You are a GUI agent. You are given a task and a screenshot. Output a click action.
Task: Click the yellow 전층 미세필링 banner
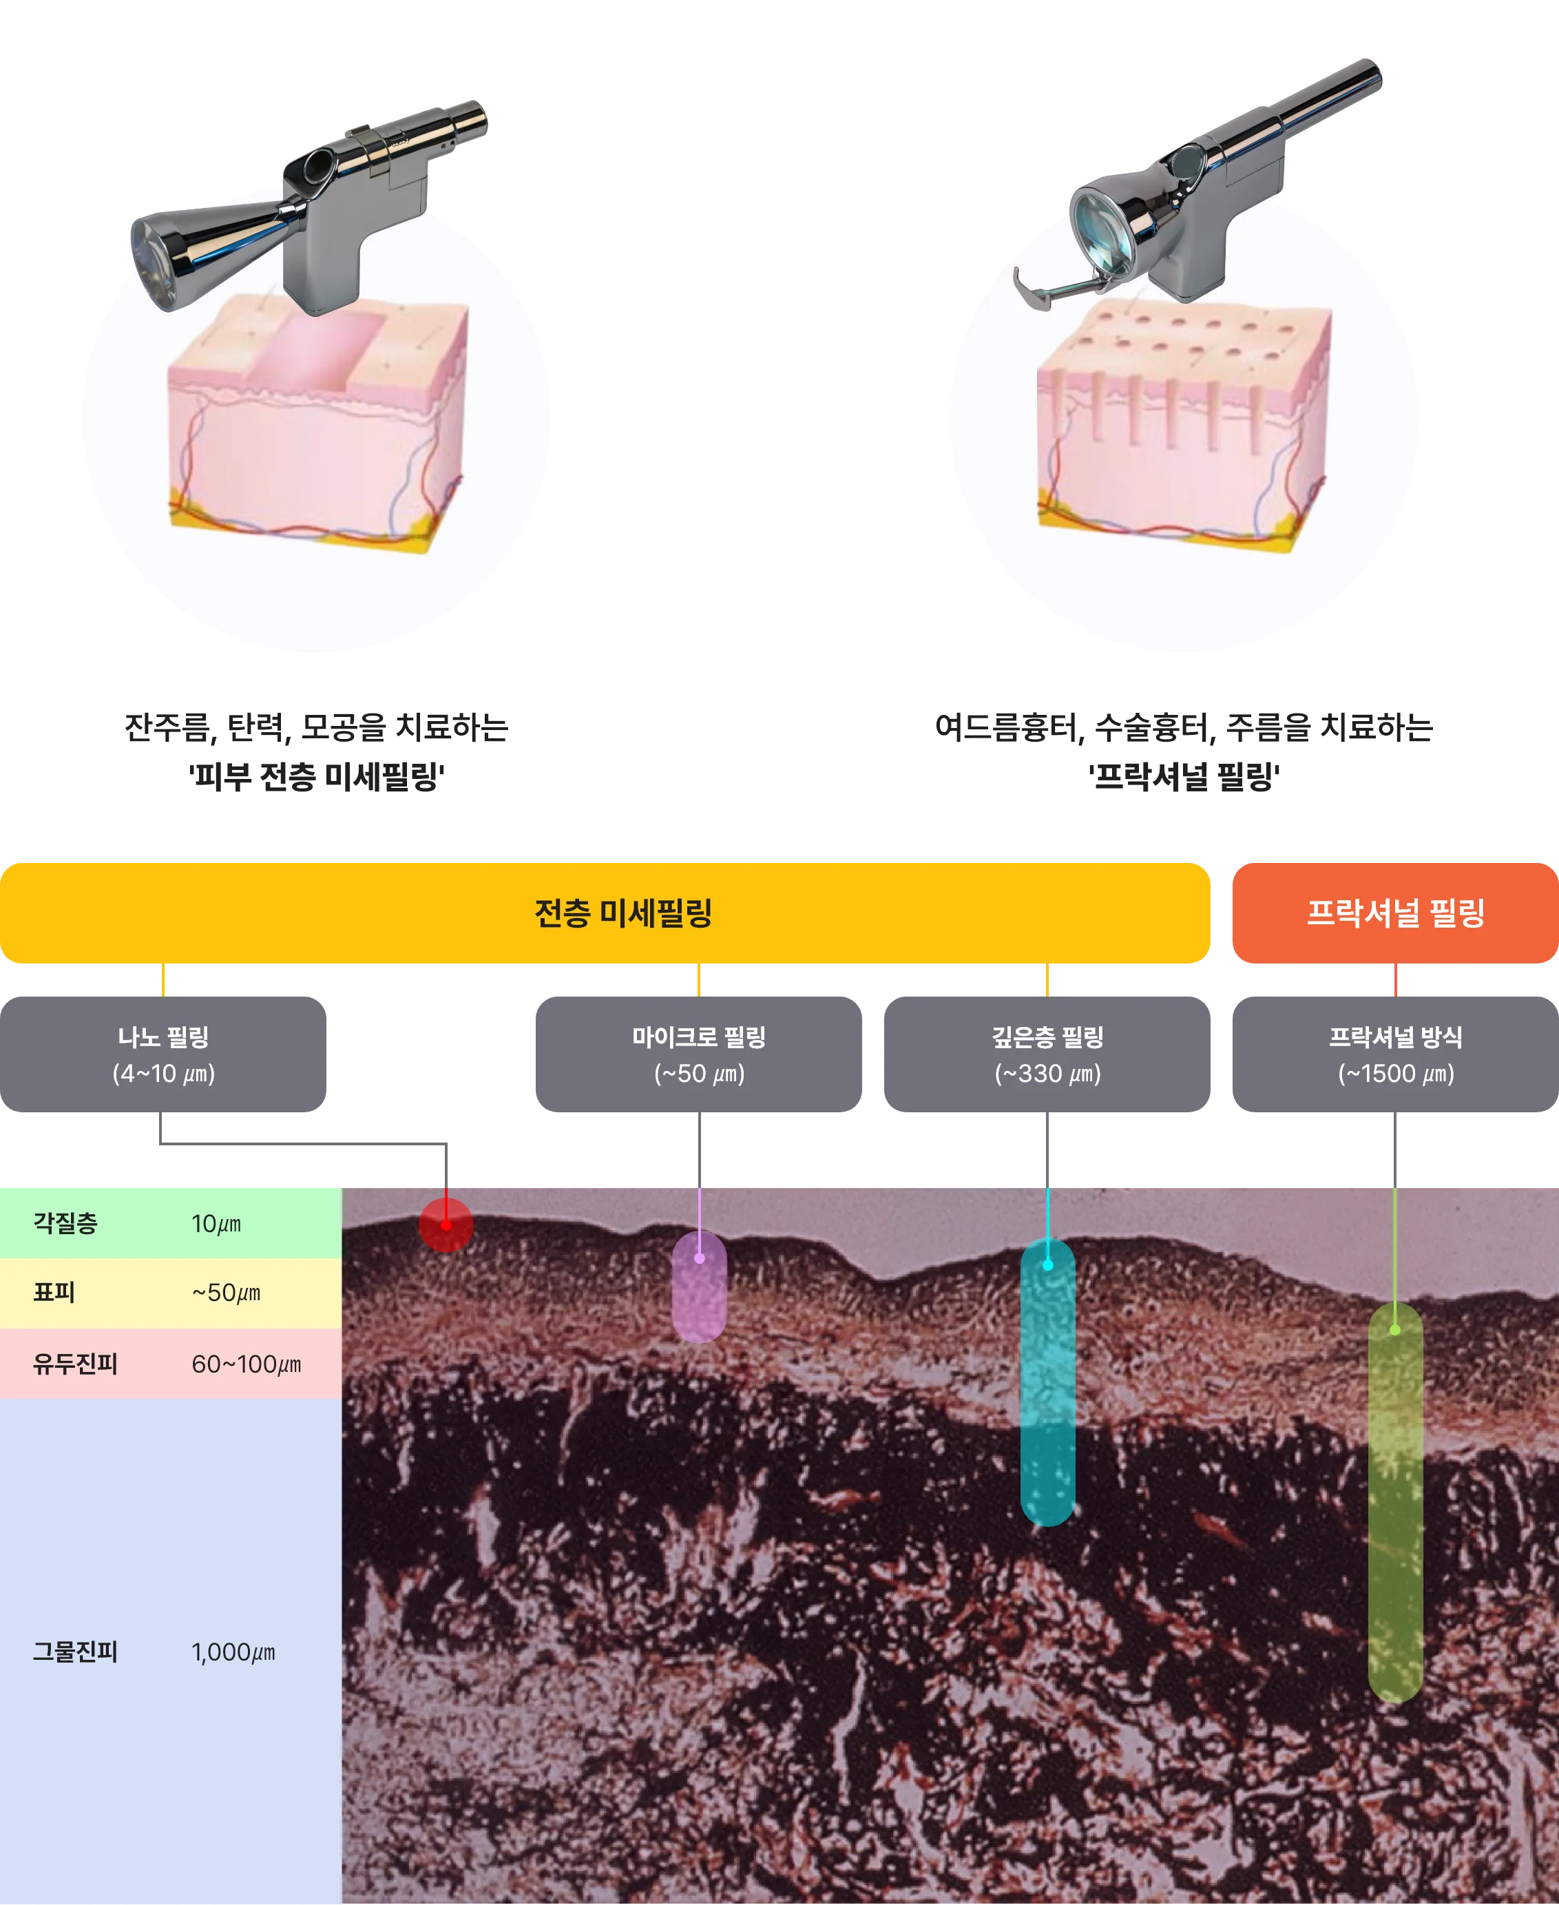[x=605, y=913]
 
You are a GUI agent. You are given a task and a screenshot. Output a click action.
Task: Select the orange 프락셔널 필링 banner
[x=1394, y=913]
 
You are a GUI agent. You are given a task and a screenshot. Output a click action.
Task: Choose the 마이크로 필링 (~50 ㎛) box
[x=699, y=1052]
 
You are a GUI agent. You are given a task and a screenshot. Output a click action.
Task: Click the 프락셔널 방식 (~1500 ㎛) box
[x=1394, y=1052]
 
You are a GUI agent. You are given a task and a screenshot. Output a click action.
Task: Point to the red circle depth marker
[x=446, y=1224]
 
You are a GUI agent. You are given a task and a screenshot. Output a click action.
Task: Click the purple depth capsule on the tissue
[x=699, y=1287]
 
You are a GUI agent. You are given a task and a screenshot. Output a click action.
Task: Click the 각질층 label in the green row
[x=65, y=1222]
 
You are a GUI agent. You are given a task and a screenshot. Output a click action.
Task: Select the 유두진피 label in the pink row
[x=76, y=1364]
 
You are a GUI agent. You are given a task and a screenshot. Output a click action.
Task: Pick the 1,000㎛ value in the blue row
[x=233, y=1652]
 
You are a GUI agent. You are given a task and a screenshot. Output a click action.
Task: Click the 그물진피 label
[x=76, y=1652]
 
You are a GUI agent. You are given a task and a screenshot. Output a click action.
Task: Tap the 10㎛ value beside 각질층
[x=216, y=1223]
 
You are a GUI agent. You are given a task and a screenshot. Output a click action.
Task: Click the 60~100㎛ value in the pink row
[x=246, y=1364]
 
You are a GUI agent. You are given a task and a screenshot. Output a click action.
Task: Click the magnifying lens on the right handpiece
[x=1104, y=229]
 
